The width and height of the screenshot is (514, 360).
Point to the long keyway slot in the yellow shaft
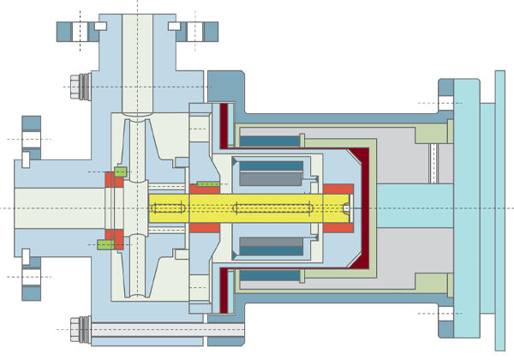[266, 208]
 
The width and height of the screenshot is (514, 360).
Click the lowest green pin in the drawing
[106, 244]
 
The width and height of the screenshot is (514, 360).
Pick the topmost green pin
[121, 171]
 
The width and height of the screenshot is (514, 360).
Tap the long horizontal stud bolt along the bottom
[146, 327]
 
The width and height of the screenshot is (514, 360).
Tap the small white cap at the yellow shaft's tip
[346, 208]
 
